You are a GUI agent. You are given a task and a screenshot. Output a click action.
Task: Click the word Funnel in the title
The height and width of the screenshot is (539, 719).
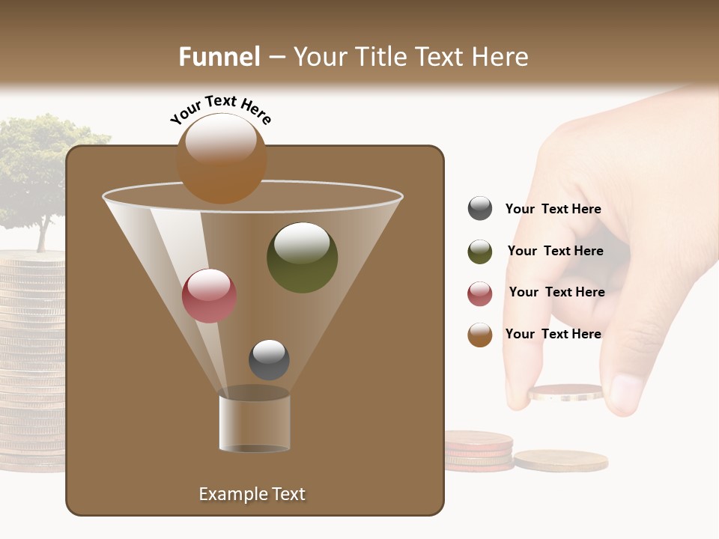(219, 57)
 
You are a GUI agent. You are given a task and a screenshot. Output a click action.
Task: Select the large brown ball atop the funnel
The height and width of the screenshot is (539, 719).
(222, 159)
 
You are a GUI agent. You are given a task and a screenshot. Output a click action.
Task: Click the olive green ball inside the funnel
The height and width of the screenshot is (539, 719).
(302, 258)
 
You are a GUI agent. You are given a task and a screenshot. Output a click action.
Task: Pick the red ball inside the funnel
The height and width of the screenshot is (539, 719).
(209, 296)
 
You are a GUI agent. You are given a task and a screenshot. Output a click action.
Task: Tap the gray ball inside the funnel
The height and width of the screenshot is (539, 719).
(269, 359)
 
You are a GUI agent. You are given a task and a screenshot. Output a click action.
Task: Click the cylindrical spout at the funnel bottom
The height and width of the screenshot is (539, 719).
(255, 423)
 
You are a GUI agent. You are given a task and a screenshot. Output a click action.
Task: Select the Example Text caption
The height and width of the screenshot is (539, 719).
(252, 494)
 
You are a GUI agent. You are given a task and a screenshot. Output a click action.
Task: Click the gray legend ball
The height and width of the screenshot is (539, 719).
(480, 209)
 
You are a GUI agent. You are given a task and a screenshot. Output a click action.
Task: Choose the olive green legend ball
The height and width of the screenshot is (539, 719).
(480, 252)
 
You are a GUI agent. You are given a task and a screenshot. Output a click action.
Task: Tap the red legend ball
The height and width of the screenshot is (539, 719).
(480, 293)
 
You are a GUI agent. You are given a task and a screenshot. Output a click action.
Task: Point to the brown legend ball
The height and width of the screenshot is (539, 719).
(480, 335)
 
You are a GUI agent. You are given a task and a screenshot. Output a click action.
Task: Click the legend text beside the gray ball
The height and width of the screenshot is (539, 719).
(553, 209)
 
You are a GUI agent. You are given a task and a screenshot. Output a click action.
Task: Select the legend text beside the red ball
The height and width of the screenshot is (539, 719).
(556, 292)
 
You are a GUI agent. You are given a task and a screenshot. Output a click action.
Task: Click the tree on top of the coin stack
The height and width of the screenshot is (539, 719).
(41, 172)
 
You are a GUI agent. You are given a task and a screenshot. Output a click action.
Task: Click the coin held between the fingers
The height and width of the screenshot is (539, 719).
(565, 392)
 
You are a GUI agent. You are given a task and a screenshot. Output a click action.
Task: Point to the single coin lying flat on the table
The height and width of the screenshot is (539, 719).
(560, 459)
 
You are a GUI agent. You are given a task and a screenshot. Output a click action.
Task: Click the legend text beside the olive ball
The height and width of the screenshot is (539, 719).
(555, 251)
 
